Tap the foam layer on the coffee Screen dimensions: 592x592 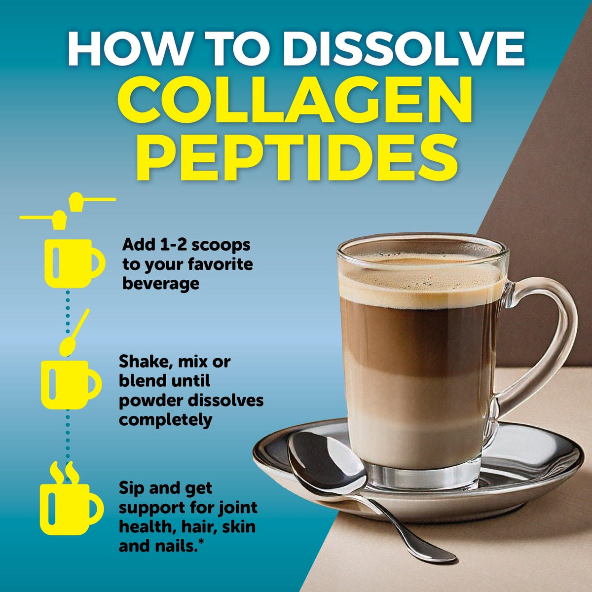tap(421, 283)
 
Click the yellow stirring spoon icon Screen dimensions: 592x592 tap(74, 333)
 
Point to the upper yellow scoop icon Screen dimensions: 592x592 tap(92, 201)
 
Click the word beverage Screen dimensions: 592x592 tap(161, 283)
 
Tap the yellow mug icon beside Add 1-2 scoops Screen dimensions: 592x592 tap(74, 263)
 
